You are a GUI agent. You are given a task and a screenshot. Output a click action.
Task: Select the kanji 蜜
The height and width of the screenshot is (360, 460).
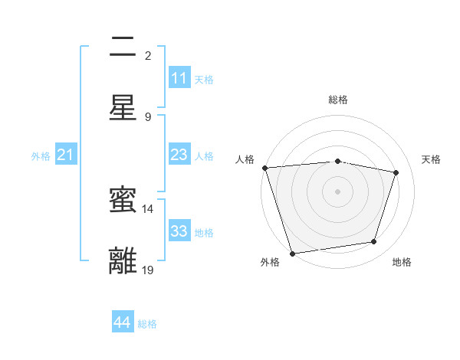tap(123, 201)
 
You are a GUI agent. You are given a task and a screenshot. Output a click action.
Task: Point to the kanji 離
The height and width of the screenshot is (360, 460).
tap(123, 260)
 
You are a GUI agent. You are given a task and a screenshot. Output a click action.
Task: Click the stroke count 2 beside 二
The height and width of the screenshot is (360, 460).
tap(148, 56)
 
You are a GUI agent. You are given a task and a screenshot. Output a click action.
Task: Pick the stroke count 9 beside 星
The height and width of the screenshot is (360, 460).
tap(148, 116)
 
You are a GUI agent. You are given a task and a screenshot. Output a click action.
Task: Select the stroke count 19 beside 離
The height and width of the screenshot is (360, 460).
tap(148, 270)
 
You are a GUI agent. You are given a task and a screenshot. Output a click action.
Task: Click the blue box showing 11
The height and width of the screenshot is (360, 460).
tap(179, 78)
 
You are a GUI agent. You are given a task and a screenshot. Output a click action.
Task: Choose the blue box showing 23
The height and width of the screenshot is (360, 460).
tap(179, 155)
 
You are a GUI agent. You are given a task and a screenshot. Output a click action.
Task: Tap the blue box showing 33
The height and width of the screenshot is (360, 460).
tap(179, 231)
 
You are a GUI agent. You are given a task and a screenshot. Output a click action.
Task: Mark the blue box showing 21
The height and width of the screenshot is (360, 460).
tap(65, 155)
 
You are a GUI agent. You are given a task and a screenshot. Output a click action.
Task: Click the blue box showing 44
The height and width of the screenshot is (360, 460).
tap(122, 322)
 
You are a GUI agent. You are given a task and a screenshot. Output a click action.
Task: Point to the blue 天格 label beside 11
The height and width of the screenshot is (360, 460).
tap(204, 79)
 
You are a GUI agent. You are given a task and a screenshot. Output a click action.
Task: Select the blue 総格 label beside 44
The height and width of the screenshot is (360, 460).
tap(147, 324)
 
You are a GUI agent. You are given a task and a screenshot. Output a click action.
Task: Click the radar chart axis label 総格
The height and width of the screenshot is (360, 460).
tap(338, 100)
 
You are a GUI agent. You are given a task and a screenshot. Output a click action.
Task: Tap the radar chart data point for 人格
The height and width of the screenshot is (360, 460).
tap(264, 168)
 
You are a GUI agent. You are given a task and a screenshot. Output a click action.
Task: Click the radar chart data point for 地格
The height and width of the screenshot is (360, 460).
tap(374, 242)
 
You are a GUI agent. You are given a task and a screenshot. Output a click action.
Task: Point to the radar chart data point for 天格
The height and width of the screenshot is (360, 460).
tap(396, 172)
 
